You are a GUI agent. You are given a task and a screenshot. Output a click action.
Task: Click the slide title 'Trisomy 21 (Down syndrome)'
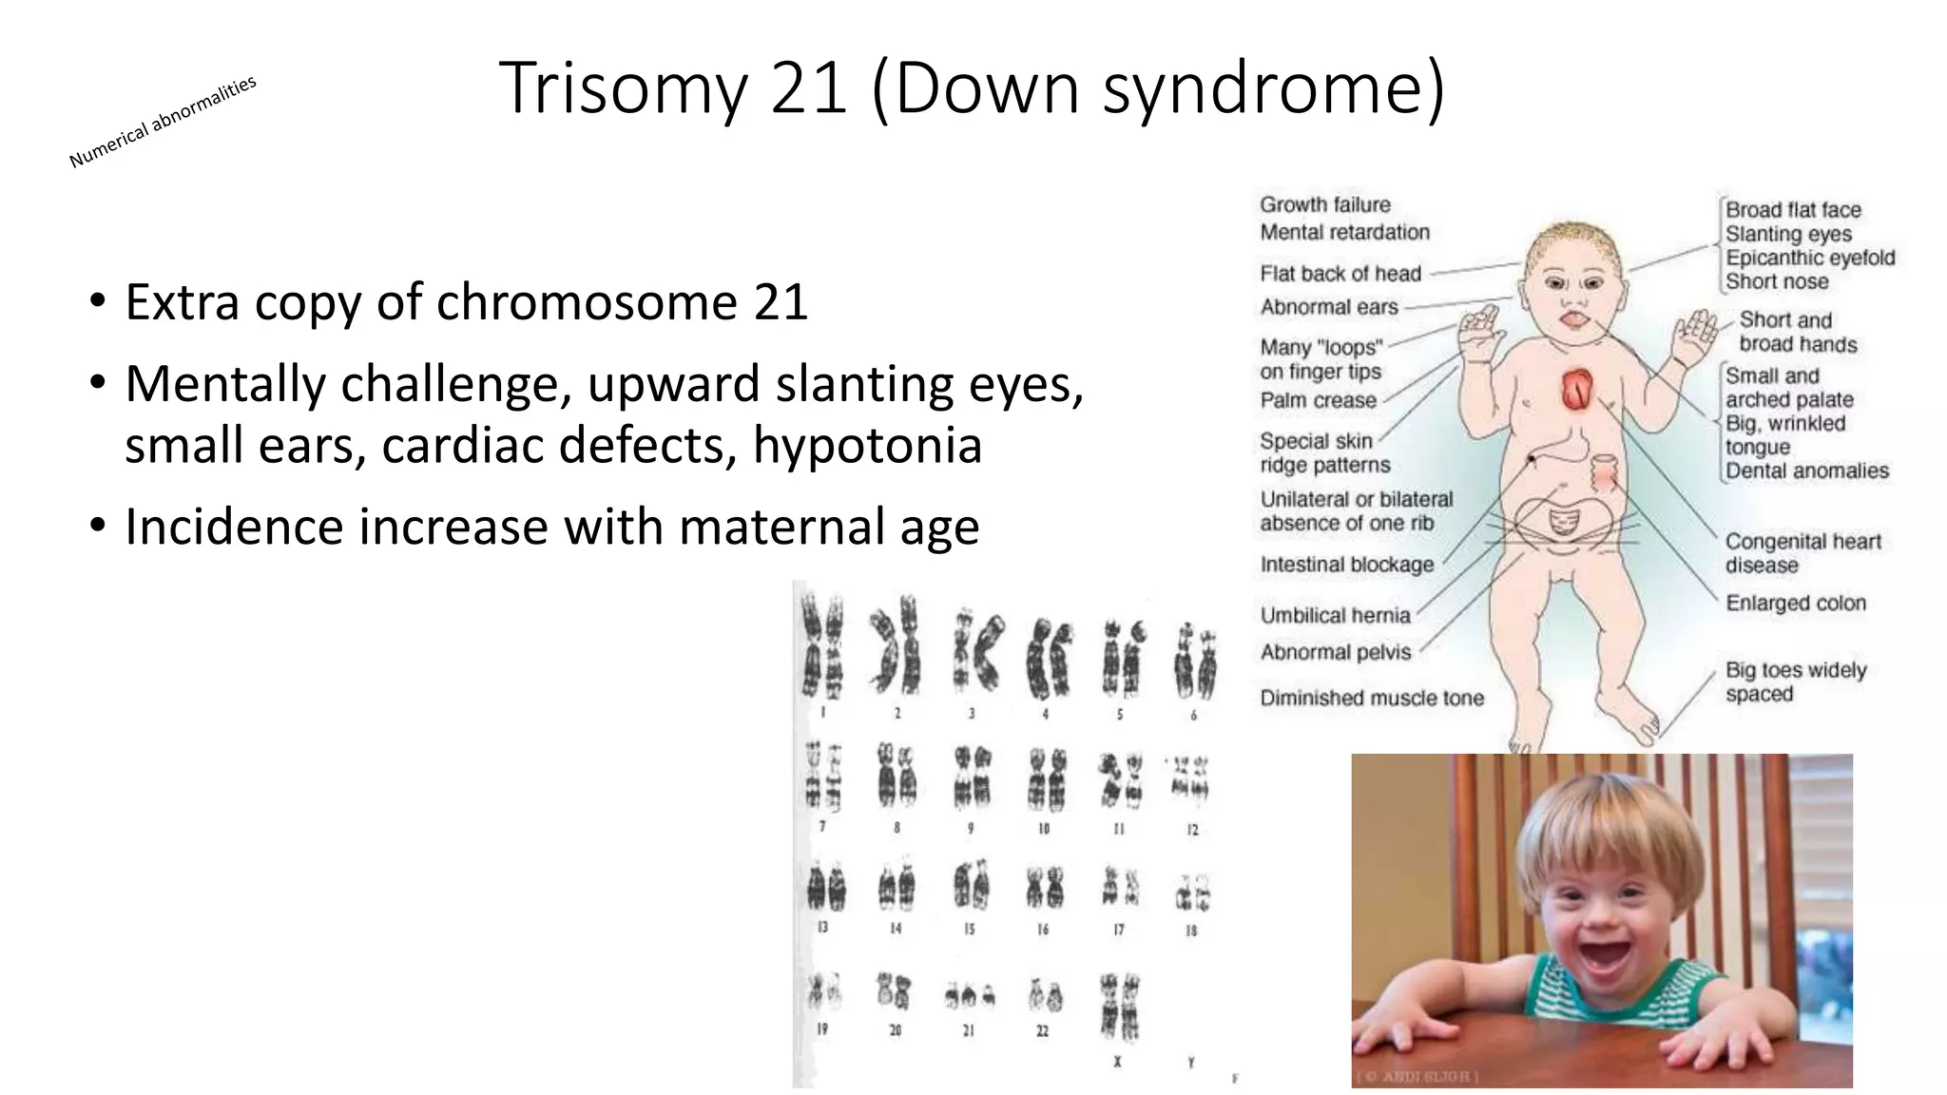pyautogui.click(x=972, y=87)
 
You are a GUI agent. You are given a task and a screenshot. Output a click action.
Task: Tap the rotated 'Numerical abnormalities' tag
pyautogui.click(x=163, y=122)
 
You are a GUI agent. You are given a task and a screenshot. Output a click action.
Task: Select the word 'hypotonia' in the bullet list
pyautogui.click(x=867, y=445)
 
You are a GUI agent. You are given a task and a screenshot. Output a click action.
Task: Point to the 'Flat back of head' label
pyautogui.click(x=1340, y=274)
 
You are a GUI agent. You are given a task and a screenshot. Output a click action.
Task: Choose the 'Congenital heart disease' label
pyautogui.click(x=1802, y=553)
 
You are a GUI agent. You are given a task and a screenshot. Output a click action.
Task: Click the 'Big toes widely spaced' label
pyautogui.click(x=1795, y=682)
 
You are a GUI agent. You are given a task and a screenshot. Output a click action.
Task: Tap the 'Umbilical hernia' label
pyautogui.click(x=1335, y=615)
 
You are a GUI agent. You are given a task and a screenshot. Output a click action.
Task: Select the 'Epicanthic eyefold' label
pyautogui.click(x=1810, y=258)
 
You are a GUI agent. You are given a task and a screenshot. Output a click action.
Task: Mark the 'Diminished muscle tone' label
pyautogui.click(x=1371, y=698)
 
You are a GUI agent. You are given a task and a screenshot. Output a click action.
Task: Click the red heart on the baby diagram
pyautogui.click(x=1576, y=389)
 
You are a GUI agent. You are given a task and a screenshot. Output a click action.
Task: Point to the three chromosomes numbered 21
pyautogui.click(x=969, y=996)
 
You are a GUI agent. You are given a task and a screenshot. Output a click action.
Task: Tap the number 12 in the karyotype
pyautogui.click(x=1192, y=830)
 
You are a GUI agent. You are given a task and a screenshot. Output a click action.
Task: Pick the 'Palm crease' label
pyautogui.click(x=1318, y=400)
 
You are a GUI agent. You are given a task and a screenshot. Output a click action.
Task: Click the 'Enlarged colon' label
pyautogui.click(x=1795, y=603)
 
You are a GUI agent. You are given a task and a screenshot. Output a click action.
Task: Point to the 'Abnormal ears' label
pyautogui.click(x=1329, y=307)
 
